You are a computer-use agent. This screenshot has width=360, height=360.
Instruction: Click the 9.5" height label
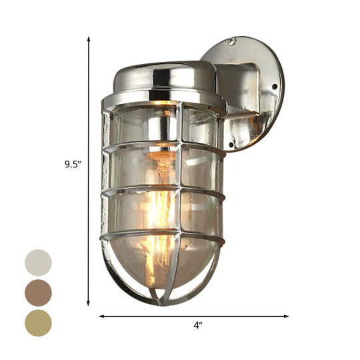73,165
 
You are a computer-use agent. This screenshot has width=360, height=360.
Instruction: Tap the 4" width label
197,326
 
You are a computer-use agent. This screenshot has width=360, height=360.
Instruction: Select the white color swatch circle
38,263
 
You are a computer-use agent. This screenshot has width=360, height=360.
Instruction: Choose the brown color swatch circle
38,292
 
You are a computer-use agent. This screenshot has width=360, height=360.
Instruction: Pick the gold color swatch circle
38,323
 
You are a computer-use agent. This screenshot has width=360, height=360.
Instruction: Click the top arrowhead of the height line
89,39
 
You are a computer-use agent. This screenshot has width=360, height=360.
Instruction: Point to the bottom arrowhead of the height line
89,303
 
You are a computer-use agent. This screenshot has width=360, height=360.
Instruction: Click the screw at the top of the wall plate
232,41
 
